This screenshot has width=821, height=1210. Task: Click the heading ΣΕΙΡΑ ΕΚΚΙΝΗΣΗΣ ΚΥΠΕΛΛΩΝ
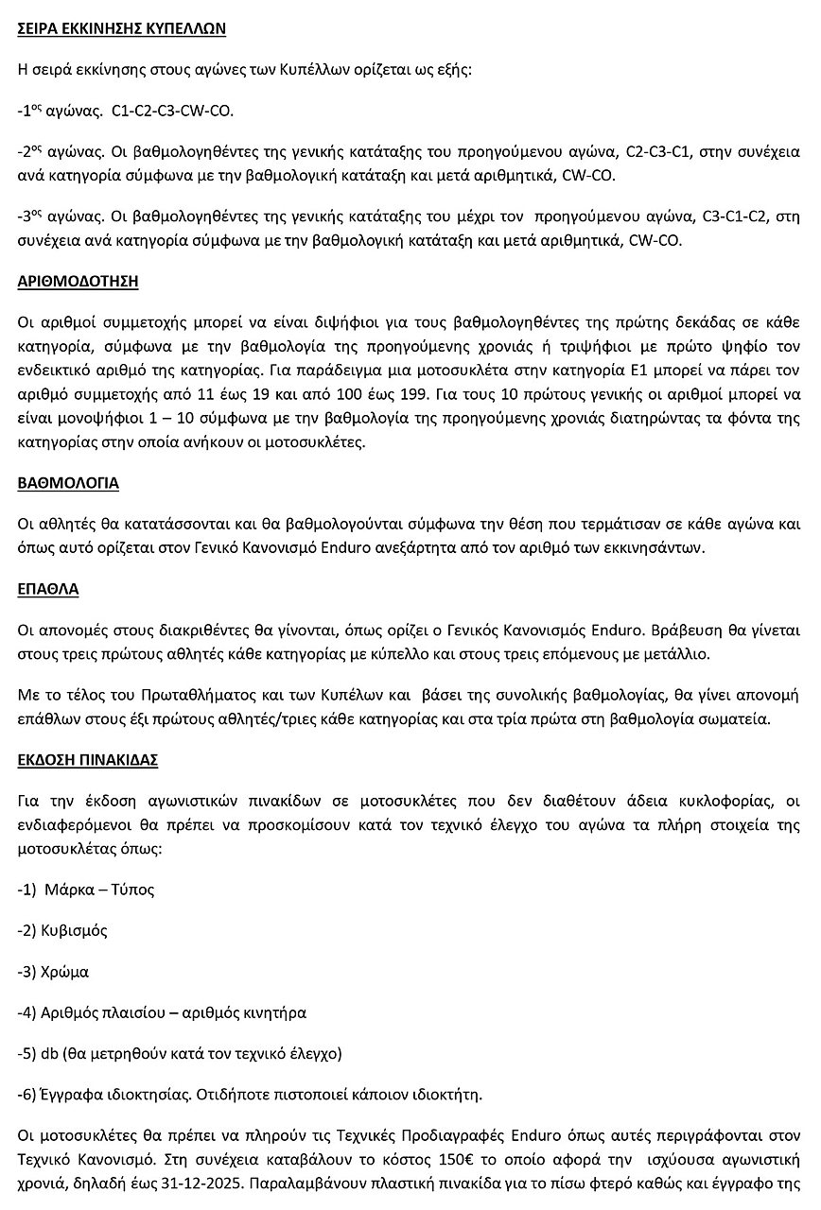[121, 28]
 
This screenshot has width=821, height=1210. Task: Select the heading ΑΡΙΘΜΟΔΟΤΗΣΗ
[79, 281]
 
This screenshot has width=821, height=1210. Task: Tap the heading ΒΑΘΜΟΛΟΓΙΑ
[68, 482]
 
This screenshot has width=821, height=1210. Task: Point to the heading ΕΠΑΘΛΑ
[47, 588]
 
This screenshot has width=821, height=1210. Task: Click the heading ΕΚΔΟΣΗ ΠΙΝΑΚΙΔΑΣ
[88, 759]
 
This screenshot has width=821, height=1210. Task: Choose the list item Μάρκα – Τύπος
[97, 890]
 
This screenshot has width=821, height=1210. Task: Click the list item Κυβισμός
[74, 930]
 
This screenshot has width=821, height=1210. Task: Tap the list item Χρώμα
[65, 971]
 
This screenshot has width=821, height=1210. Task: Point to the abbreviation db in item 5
[50, 1053]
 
